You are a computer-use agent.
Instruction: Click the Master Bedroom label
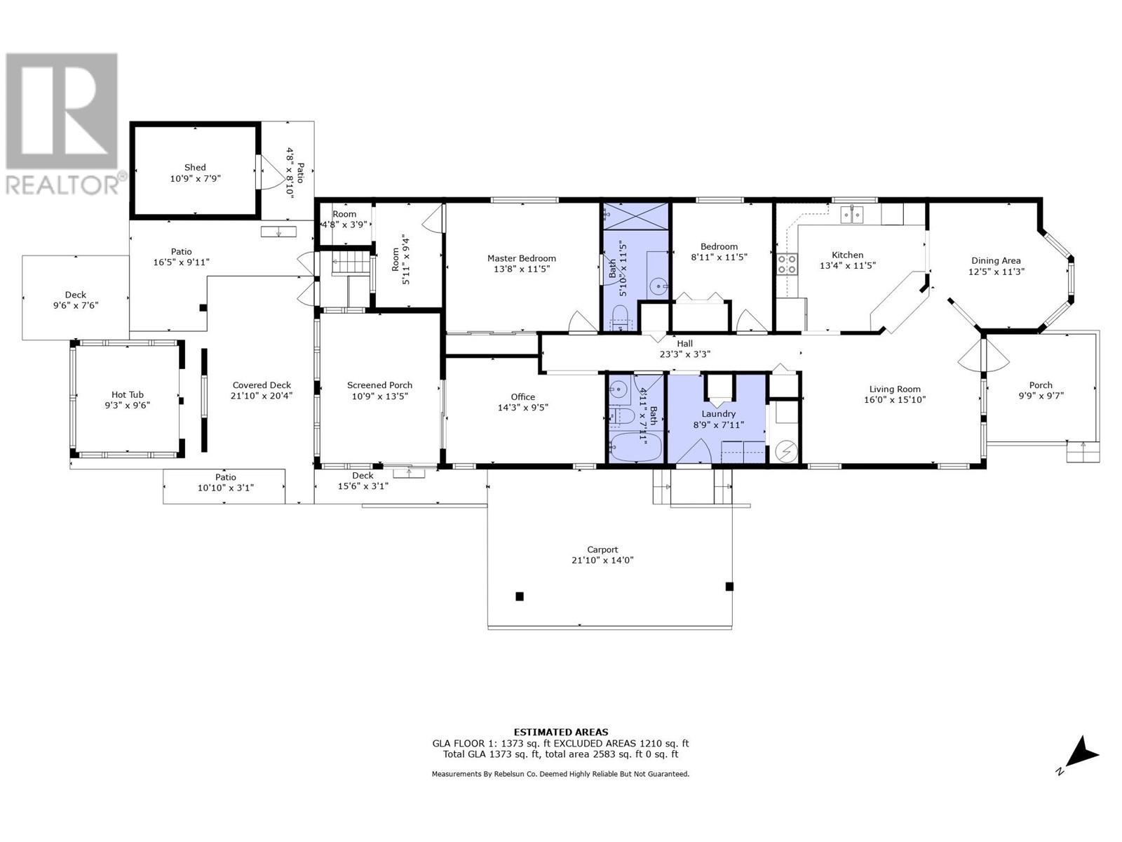pyautogui.click(x=521, y=258)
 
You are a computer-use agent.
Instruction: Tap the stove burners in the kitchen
pyautogui.click(x=786, y=264)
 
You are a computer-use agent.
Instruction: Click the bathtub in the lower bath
pyautogui.click(x=635, y=446)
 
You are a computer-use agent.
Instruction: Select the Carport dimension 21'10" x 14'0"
pyautogui.click(x=602, y=560)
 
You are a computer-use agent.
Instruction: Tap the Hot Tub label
pyautogui.click(x=127, y=394)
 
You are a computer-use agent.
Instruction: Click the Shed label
pyautogui.click(x=195, y=167)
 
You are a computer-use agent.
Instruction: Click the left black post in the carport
pyautogui.click(x=520, y=596)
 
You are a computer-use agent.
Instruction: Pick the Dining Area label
pyautogui.click(x=995, y=260)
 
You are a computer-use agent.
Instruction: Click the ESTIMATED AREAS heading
pyautogui.click(x=560, y=732)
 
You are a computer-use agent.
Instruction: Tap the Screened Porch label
pyautogui.click(x=379, y=385)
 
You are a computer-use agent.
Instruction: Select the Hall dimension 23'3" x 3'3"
pyautogui.click(x=684, y=354)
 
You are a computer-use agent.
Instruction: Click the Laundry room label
pyautogui.click(x=718, y=414)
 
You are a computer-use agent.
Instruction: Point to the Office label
pyautogui.click(x=522, y=396)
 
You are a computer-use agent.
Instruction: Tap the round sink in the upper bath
pyautogui.click(x=658, y=286)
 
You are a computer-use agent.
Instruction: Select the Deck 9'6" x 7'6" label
pyautogui.click(x=76, y=295)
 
